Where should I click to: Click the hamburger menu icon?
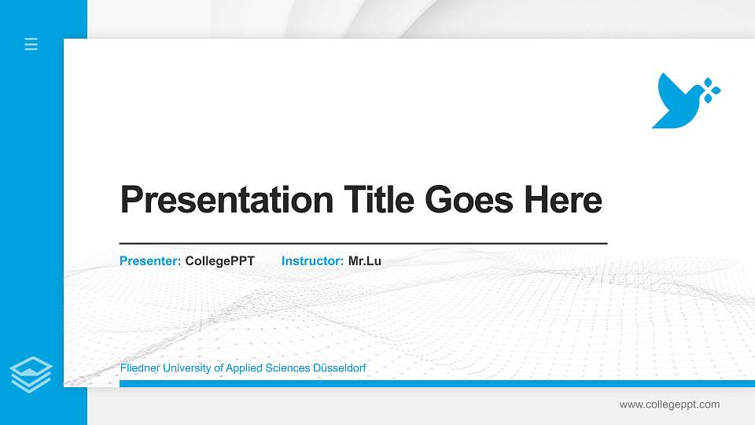click(31, 44)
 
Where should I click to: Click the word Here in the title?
click(563, 200)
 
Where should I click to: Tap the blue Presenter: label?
click(150, 261)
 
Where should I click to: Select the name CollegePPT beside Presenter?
click(220, 261)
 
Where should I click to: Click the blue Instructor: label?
click(312, 261)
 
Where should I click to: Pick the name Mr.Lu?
click(365, 261)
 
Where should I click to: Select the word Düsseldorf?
click(339, 368)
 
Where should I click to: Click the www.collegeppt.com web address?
click(669, 405)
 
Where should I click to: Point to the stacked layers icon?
click(31, 373)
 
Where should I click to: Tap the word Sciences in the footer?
click(288, 368)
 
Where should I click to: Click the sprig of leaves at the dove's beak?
click(711, 91)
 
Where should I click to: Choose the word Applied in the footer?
click(245, 368)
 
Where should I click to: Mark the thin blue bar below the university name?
click(433, 383)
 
